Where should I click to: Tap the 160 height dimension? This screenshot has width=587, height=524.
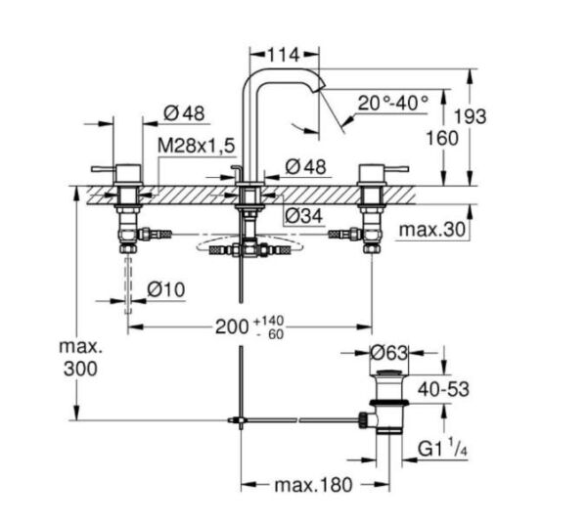coord(442,138)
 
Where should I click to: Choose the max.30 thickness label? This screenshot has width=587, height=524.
coord(431,231)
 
